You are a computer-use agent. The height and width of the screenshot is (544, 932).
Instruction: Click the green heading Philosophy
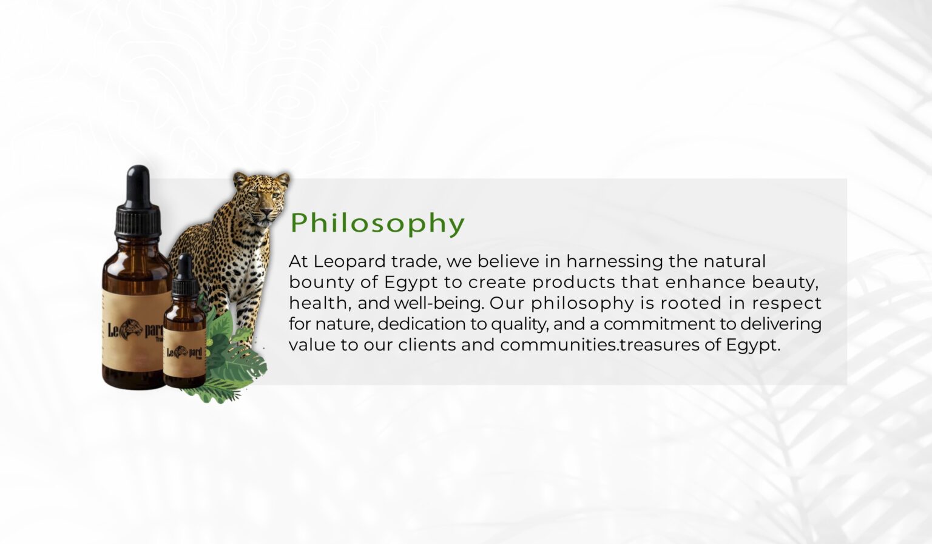point(377,223)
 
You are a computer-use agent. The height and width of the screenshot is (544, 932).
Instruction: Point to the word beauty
point(785,283)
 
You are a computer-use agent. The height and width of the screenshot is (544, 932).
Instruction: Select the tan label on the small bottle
point(184,352)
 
